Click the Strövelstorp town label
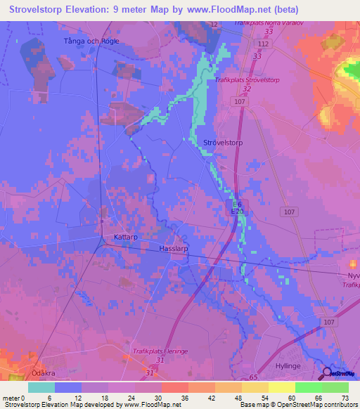[223, 143]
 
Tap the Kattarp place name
[126, 238]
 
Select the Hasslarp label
[175, 249]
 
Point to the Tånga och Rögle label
[91, 41]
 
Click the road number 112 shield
[263, 44]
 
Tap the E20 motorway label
[238, 210]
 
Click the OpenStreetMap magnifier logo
[328, 372]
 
